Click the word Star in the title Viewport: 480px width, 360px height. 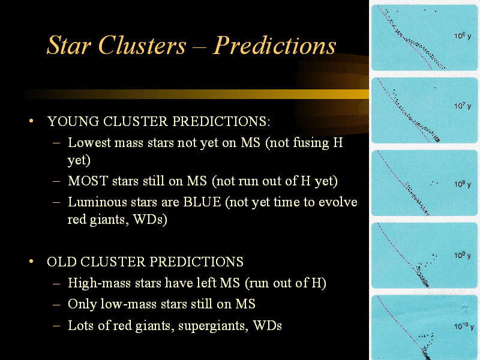click(x=69, y=45)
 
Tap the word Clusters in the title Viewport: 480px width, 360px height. click(x=142, y=45)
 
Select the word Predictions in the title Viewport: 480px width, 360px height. click(x=274, y=45)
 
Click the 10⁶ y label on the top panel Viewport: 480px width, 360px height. click(x=463, y=36)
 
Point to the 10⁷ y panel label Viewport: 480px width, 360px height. click(x=463, y=106)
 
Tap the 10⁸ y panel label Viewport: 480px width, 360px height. click(x=463, y=184)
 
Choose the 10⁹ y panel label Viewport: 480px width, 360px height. click(x=463, y=256)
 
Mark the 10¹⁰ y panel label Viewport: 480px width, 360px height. click(x=464, y=326)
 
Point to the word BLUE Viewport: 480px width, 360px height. click(x=202, y=202)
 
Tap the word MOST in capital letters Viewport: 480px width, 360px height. click(x=88, y=181)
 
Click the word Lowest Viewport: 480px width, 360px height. click(x=89, y=143)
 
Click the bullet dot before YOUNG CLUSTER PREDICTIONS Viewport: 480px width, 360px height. click(x=31, y=121)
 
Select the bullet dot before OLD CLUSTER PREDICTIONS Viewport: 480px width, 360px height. click(x=31, y=262)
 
